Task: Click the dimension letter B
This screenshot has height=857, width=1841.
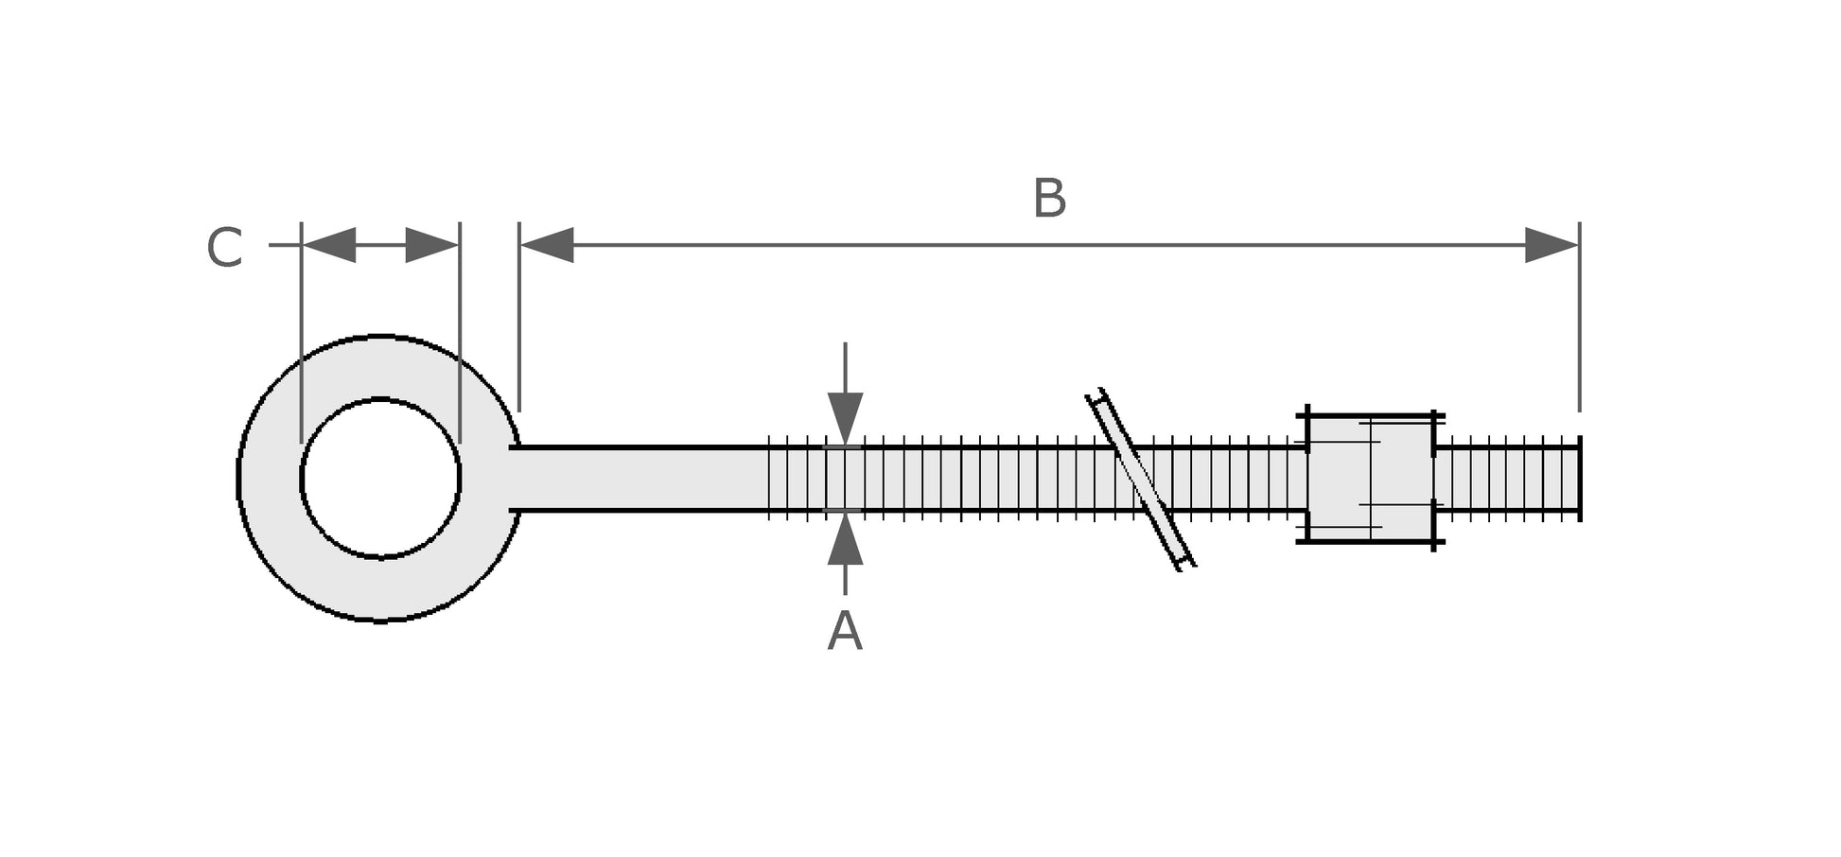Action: pyautogui.click(x=1049, y=199)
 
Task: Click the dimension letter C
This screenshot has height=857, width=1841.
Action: pyautogui.click(x=225, y=248)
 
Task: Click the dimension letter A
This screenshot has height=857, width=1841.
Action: pyautogui.click(x=845, y=632)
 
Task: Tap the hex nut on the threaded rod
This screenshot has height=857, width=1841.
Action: pyautogui.click(x=1369, y=478)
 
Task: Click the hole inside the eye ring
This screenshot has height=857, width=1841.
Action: pyautogui.click(x=380, y=478)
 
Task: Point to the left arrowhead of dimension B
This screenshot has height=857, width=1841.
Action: pyautogui.click(x=547, y=245)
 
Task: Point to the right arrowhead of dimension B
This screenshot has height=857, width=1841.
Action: pyautogui.click(x=1552, y=245)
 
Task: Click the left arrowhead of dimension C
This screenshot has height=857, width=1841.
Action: pyautogui.click(x=328, y=245)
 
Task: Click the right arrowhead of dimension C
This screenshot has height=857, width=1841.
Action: pyautogui.click(x=432, y=245)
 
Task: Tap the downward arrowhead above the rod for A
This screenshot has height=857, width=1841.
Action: pyautogui.click(x=845, y=417)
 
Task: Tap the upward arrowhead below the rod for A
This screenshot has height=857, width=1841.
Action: pyautogui.click(x=845, y=541)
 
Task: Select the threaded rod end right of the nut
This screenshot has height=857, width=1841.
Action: pyautogui.click(x=1506, y=478)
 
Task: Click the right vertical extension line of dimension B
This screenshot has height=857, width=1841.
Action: pyautogui.click(x=1579, y=322)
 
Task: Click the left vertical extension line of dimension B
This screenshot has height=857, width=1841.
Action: pyautogui.click(x=519, y=322)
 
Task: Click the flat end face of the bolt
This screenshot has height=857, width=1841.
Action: pyautogui.click(x=1579, y=478)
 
